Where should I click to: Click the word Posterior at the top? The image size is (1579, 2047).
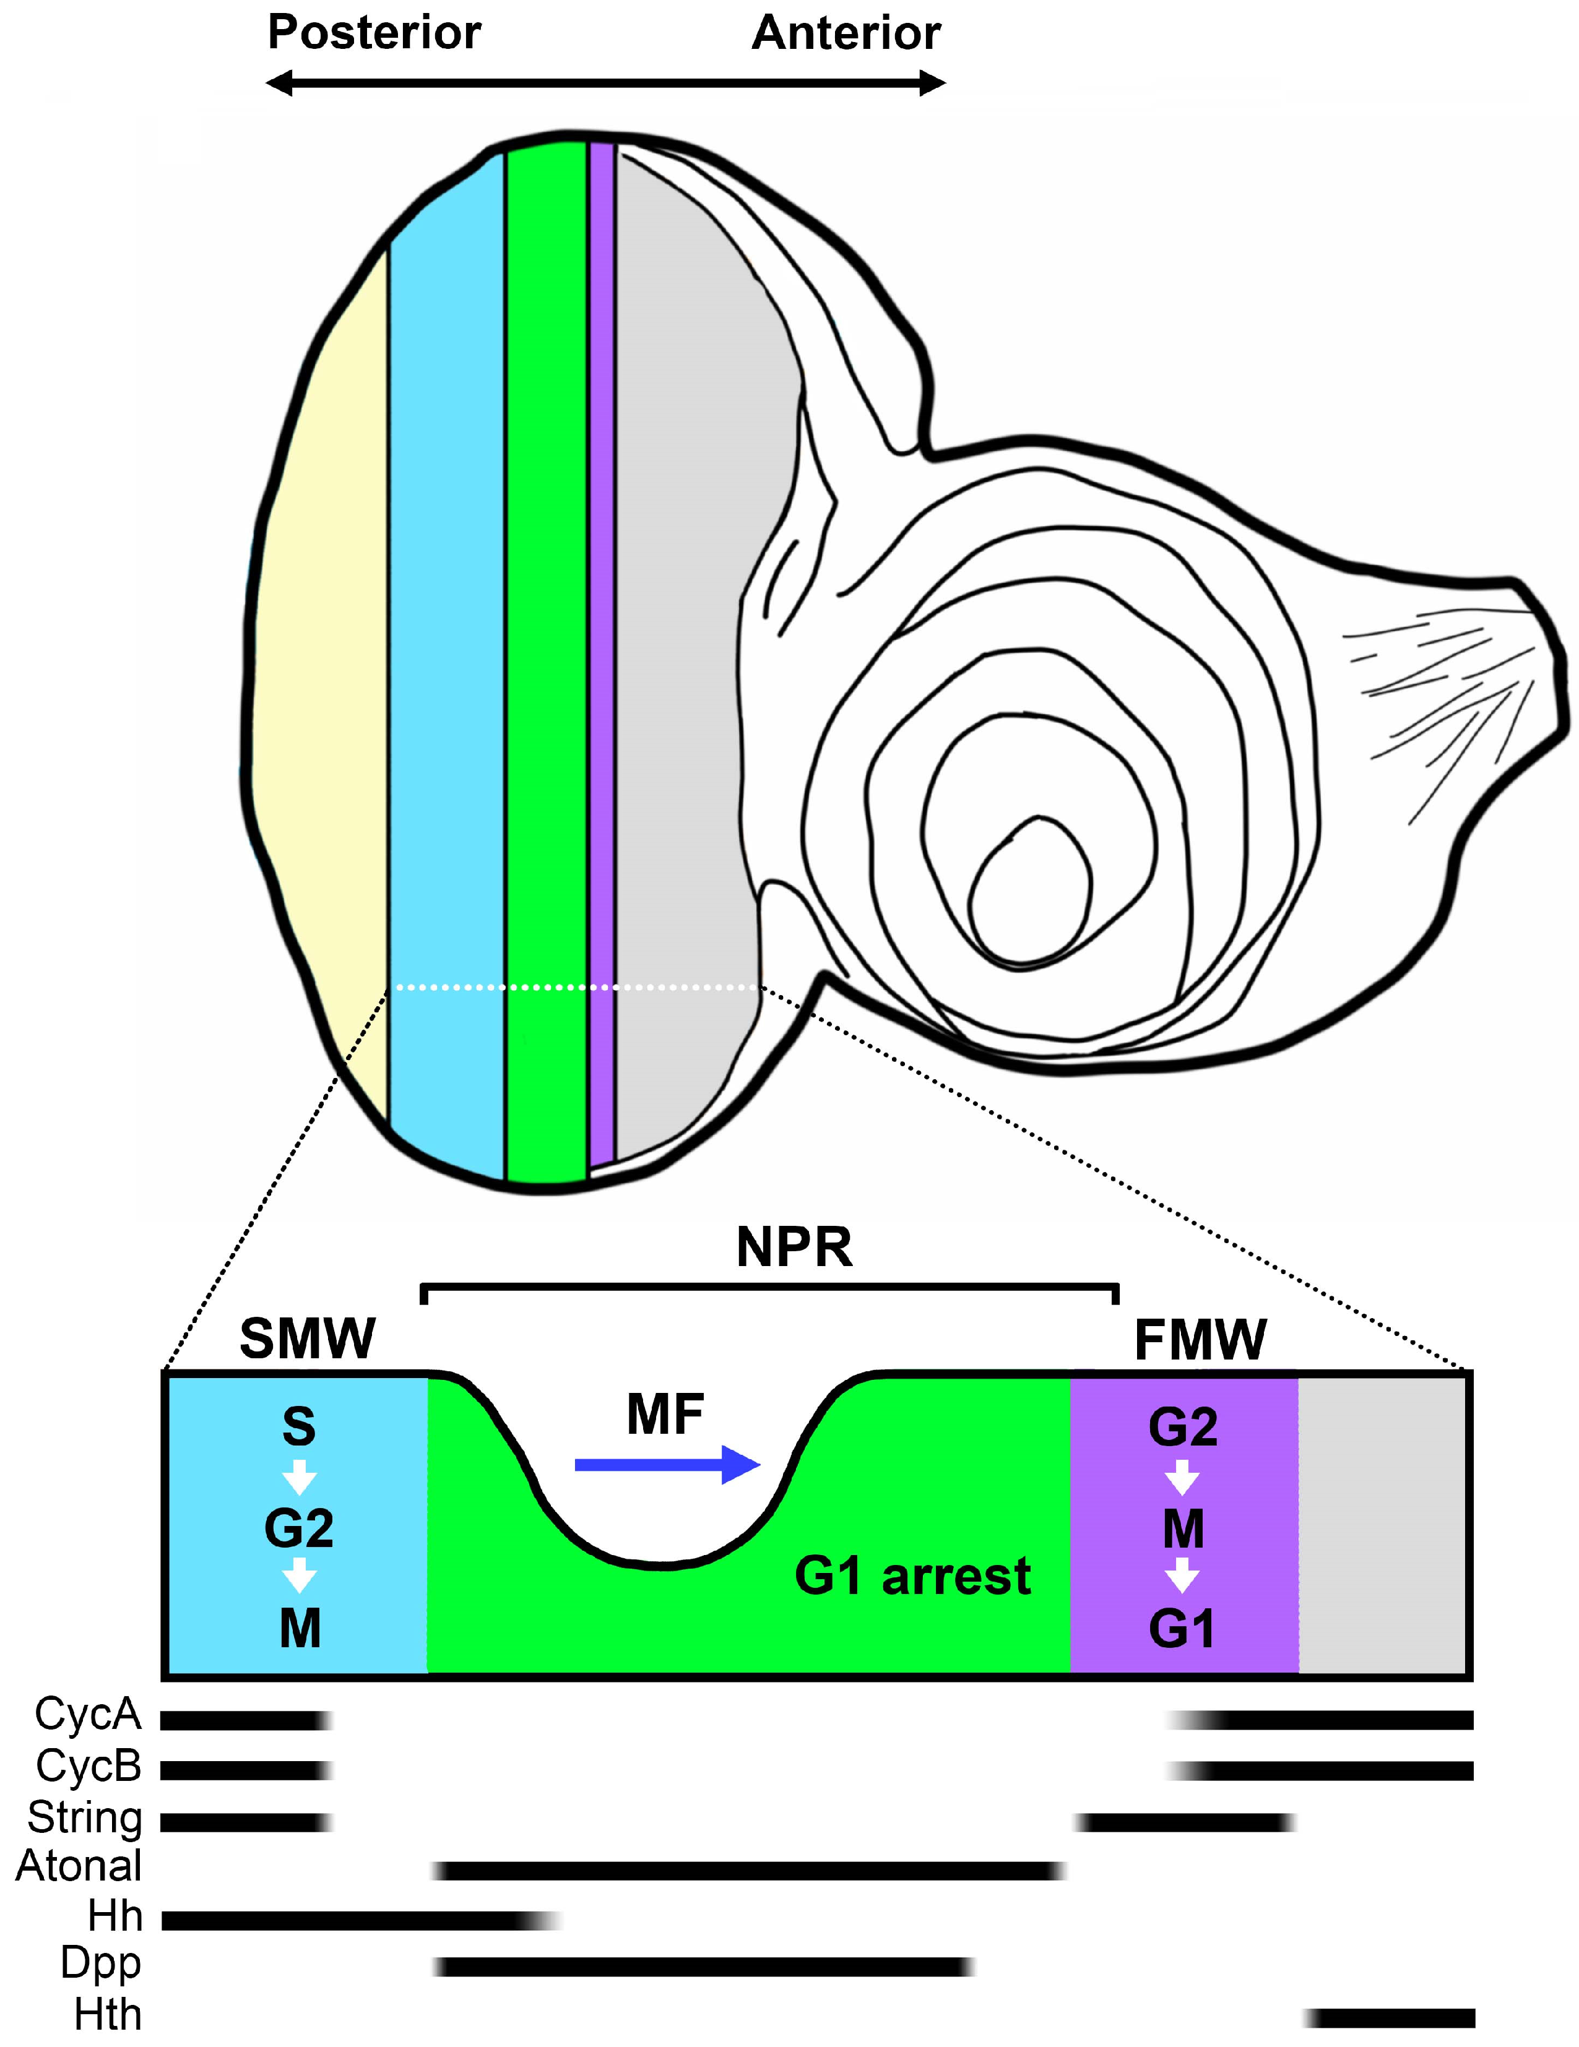(x=374, y=34)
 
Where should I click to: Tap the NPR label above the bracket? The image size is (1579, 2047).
(x=794, y=1248)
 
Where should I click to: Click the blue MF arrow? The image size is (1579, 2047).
(x=666, y=1465)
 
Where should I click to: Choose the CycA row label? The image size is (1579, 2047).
(x=88, y=1714)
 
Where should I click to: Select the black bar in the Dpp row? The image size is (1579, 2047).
(x=703, y=1967)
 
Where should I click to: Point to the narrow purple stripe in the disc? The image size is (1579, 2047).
(x=601, y=656)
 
